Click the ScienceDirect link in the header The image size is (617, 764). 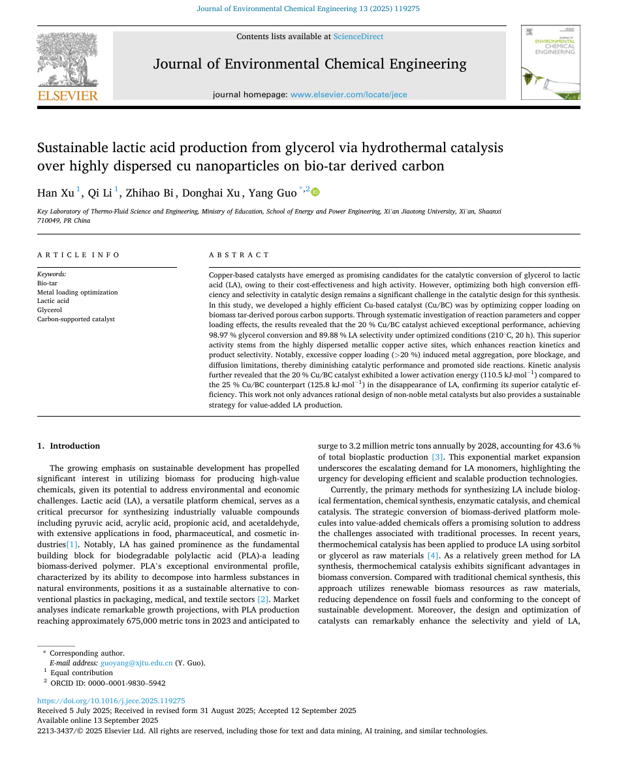coord(358,37)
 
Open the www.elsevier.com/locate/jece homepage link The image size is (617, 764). coord(349,95)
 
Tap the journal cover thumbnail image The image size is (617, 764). coord(550,63)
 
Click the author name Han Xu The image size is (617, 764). coord(56,193)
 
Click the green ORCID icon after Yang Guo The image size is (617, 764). coord(315,192)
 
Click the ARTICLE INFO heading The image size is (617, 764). coord(79,255)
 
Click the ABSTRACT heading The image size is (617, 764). coord(239,255)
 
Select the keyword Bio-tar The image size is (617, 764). coord(47,283)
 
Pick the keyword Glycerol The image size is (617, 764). coord(50,310)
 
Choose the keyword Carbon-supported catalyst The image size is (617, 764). coord(76,319)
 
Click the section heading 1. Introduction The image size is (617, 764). coord(69,446)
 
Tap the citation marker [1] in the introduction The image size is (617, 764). coord(72,544)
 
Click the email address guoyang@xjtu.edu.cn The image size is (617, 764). coord(136,663)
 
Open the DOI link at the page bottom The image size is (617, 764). coord(111,701)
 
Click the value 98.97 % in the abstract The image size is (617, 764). coord(226,334)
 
